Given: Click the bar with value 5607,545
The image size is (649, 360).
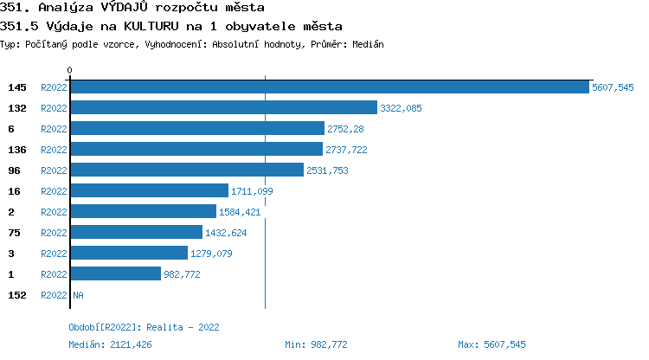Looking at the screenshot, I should (329, 87).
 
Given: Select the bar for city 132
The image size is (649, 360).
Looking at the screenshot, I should (223, 107).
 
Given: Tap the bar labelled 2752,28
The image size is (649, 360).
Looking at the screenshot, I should (197, 128).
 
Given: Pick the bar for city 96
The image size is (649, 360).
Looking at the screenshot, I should (187, 170).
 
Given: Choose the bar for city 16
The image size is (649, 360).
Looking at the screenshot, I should (149, 190).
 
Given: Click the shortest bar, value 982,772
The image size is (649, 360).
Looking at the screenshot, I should (115, 273).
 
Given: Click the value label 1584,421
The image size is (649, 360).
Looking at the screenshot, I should (240, 212).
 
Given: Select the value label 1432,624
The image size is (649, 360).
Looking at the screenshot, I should (226, 233).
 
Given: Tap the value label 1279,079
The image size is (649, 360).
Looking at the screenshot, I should (211, 254).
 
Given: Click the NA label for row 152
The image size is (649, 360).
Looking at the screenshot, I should (78, 295).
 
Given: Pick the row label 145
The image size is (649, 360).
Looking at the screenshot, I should (16, 87).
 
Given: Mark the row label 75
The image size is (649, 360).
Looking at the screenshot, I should (14, 233).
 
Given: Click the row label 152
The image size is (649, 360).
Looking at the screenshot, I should (16, 295).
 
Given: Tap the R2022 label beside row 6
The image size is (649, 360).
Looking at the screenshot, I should (54, 129).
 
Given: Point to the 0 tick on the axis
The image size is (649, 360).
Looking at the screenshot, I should (70, 70).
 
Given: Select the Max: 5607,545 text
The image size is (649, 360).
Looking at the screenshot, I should (492, 344).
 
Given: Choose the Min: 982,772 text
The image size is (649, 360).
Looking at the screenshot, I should (316, 344).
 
